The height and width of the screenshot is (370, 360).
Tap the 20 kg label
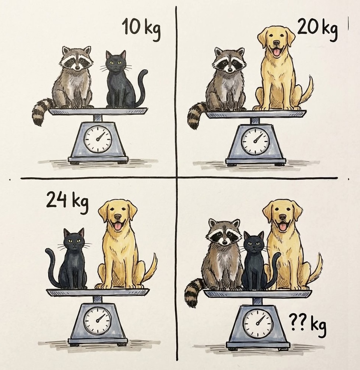point(317,29)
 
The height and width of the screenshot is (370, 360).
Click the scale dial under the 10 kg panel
point(98,139)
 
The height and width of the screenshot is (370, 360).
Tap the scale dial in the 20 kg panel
point(255,141)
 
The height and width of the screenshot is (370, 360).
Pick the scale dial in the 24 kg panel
point(97,320)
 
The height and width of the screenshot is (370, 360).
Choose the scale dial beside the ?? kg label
point(258,323)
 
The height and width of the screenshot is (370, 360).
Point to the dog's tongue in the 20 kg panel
point(277,52)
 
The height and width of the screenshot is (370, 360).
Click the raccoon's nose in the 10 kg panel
point(77,67)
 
